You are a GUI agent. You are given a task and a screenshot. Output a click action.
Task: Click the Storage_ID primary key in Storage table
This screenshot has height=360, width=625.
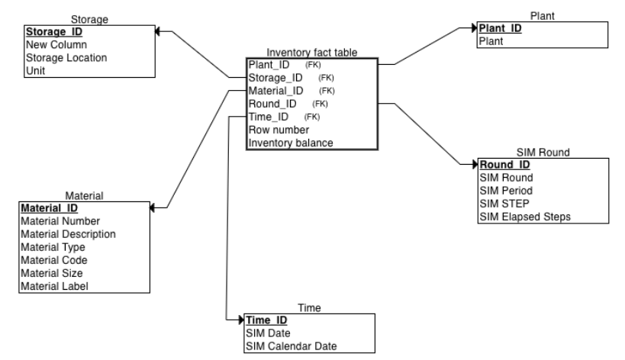point(53,32)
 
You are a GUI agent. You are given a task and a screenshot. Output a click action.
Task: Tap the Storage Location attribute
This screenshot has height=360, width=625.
point(66,57)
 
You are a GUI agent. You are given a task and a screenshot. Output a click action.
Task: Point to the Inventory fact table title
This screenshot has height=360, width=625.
point(312,52)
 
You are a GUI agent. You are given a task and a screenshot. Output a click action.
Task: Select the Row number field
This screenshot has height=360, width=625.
point(279,130)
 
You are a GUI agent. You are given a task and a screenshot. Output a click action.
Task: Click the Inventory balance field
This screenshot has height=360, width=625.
point(291,143)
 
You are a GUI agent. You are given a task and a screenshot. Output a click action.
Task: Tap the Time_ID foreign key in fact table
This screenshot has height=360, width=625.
point(270,116)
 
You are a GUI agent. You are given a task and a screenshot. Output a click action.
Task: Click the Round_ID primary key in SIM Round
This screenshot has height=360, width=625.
point(504,164)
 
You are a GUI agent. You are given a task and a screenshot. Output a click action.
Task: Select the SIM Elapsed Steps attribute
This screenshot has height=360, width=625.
point(525,216)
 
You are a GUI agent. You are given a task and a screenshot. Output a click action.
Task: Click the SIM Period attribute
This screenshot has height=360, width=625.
point(506,190)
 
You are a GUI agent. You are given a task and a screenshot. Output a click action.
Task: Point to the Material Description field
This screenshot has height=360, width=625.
point(69,233)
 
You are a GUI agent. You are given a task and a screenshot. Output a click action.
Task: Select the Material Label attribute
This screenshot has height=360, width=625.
point(54,285)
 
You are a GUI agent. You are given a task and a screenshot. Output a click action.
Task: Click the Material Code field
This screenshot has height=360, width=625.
point(53,259)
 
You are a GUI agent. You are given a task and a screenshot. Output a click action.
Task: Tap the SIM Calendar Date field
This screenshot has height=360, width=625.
point(291,346)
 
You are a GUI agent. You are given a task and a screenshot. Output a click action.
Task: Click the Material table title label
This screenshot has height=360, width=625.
point(85,196)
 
